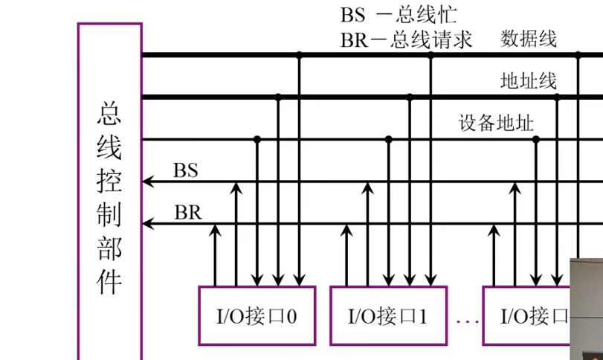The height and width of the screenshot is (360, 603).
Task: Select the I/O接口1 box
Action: click(388, 315)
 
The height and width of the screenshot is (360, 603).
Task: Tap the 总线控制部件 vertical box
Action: click(109, 193)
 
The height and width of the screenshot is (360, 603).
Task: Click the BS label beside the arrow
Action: click(186, 170)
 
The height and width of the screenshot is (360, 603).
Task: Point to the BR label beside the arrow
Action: click(187, 213)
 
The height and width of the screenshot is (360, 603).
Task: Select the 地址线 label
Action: click(529, 81)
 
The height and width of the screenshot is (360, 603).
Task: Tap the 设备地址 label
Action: click(496, 123)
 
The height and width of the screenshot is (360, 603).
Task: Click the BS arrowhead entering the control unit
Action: click(146, 181)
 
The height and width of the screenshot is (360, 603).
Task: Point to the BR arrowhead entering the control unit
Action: click(146, 223)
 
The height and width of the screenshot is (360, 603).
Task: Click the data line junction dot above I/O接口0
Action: click(299, 54)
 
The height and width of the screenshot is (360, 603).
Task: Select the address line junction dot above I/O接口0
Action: click(278, 97)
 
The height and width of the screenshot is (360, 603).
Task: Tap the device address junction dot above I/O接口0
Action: click(257, 139)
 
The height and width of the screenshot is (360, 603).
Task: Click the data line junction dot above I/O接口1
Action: click(430, 54)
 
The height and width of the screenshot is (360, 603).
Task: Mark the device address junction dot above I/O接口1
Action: click(388, 139)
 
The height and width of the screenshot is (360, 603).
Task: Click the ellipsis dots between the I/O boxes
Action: click(466, 322)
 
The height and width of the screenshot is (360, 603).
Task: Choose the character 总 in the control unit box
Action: click(109, 114)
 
